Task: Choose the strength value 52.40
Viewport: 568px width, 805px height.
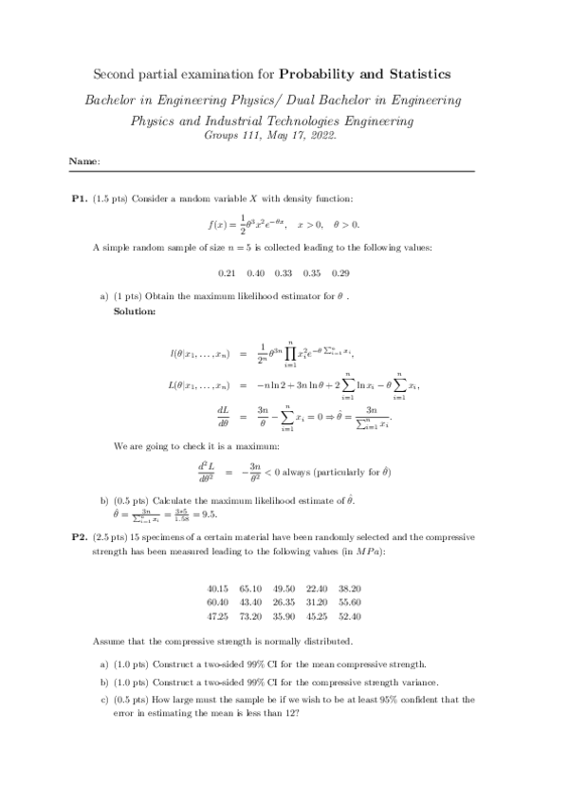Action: tap(350, 615)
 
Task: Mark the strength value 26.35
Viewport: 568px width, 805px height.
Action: tap(284, 602)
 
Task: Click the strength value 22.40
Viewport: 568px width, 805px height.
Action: tap(317, 588)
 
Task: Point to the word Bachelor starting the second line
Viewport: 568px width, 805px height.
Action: tap(113, 99)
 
